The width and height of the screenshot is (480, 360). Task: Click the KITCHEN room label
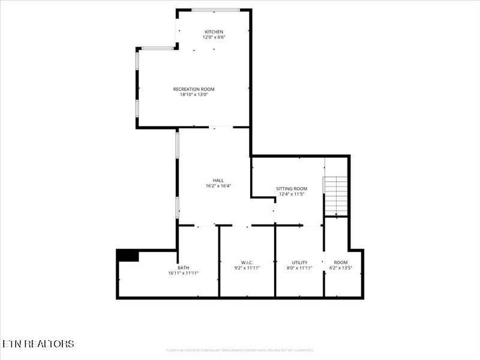pyautogui.click(x=214, y=32)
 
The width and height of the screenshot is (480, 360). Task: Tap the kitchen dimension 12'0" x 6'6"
pyautogui.click(x=214, y=37)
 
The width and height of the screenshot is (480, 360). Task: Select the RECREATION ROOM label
pyautogui.click(x=194, y=89)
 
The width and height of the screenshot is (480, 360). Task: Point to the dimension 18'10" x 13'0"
pyautogui.click(x=194, y=94)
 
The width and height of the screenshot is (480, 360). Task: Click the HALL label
pyautogui.click(x=218, y=181)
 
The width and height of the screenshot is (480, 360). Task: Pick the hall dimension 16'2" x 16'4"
pyautogui.click(x=218, y=186)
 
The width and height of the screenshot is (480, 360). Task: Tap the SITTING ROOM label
pyautogui.click(x=292, y=188)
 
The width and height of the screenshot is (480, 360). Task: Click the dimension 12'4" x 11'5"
pyautogui.click(x=292, y=194)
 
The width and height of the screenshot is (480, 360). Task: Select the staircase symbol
pyautogui.click(x=336, y=196)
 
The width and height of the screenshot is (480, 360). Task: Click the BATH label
pyautogui.click(x=183, y=268)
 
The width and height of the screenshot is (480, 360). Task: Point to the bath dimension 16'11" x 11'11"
pyautogui.click(x=183, y=273)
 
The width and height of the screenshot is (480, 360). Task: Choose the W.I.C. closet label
pyautogui.click(x=247, y=262)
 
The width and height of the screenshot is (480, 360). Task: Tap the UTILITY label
pyautogui.click(x=299, y=262)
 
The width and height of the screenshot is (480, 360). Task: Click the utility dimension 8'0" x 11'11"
pyautogui.click(x=299, y=268)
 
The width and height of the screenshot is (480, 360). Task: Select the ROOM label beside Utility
pyautogui.click(x=341, y=262)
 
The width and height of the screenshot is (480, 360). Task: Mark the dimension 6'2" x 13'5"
pyautogui.click(x=341, y=268)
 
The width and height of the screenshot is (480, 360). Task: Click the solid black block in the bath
pyautogui.click(x=128, y=255)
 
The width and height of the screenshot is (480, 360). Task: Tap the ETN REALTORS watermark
pyautogui.click(x=38, y=344)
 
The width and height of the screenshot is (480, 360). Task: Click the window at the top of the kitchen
pyautogui.click(x=215, y=10)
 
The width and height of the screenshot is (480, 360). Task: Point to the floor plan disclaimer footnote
pyautogui.click(x=239, y=350)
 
